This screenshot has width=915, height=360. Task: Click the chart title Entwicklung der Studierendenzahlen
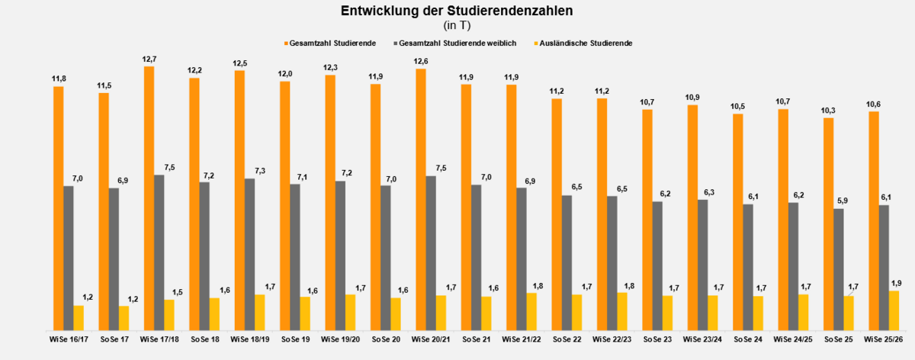pos(457,11)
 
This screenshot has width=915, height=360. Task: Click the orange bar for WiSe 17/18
pos(149,198)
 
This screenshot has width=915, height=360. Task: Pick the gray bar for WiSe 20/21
pos(431,252)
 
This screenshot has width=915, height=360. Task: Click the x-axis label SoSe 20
pos(385,339)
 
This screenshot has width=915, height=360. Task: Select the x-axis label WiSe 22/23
pos(612,339)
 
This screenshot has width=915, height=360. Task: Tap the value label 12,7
pos(149,59)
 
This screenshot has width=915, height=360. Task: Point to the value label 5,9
pos(839,201)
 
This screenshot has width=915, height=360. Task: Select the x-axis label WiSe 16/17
pos(69,339)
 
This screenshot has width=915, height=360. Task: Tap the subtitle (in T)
pos(457,25)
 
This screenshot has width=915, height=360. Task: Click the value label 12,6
pos(420,61)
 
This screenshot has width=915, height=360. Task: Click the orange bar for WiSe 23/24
pos(692,217)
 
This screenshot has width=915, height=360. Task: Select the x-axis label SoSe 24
pos(748,339)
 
